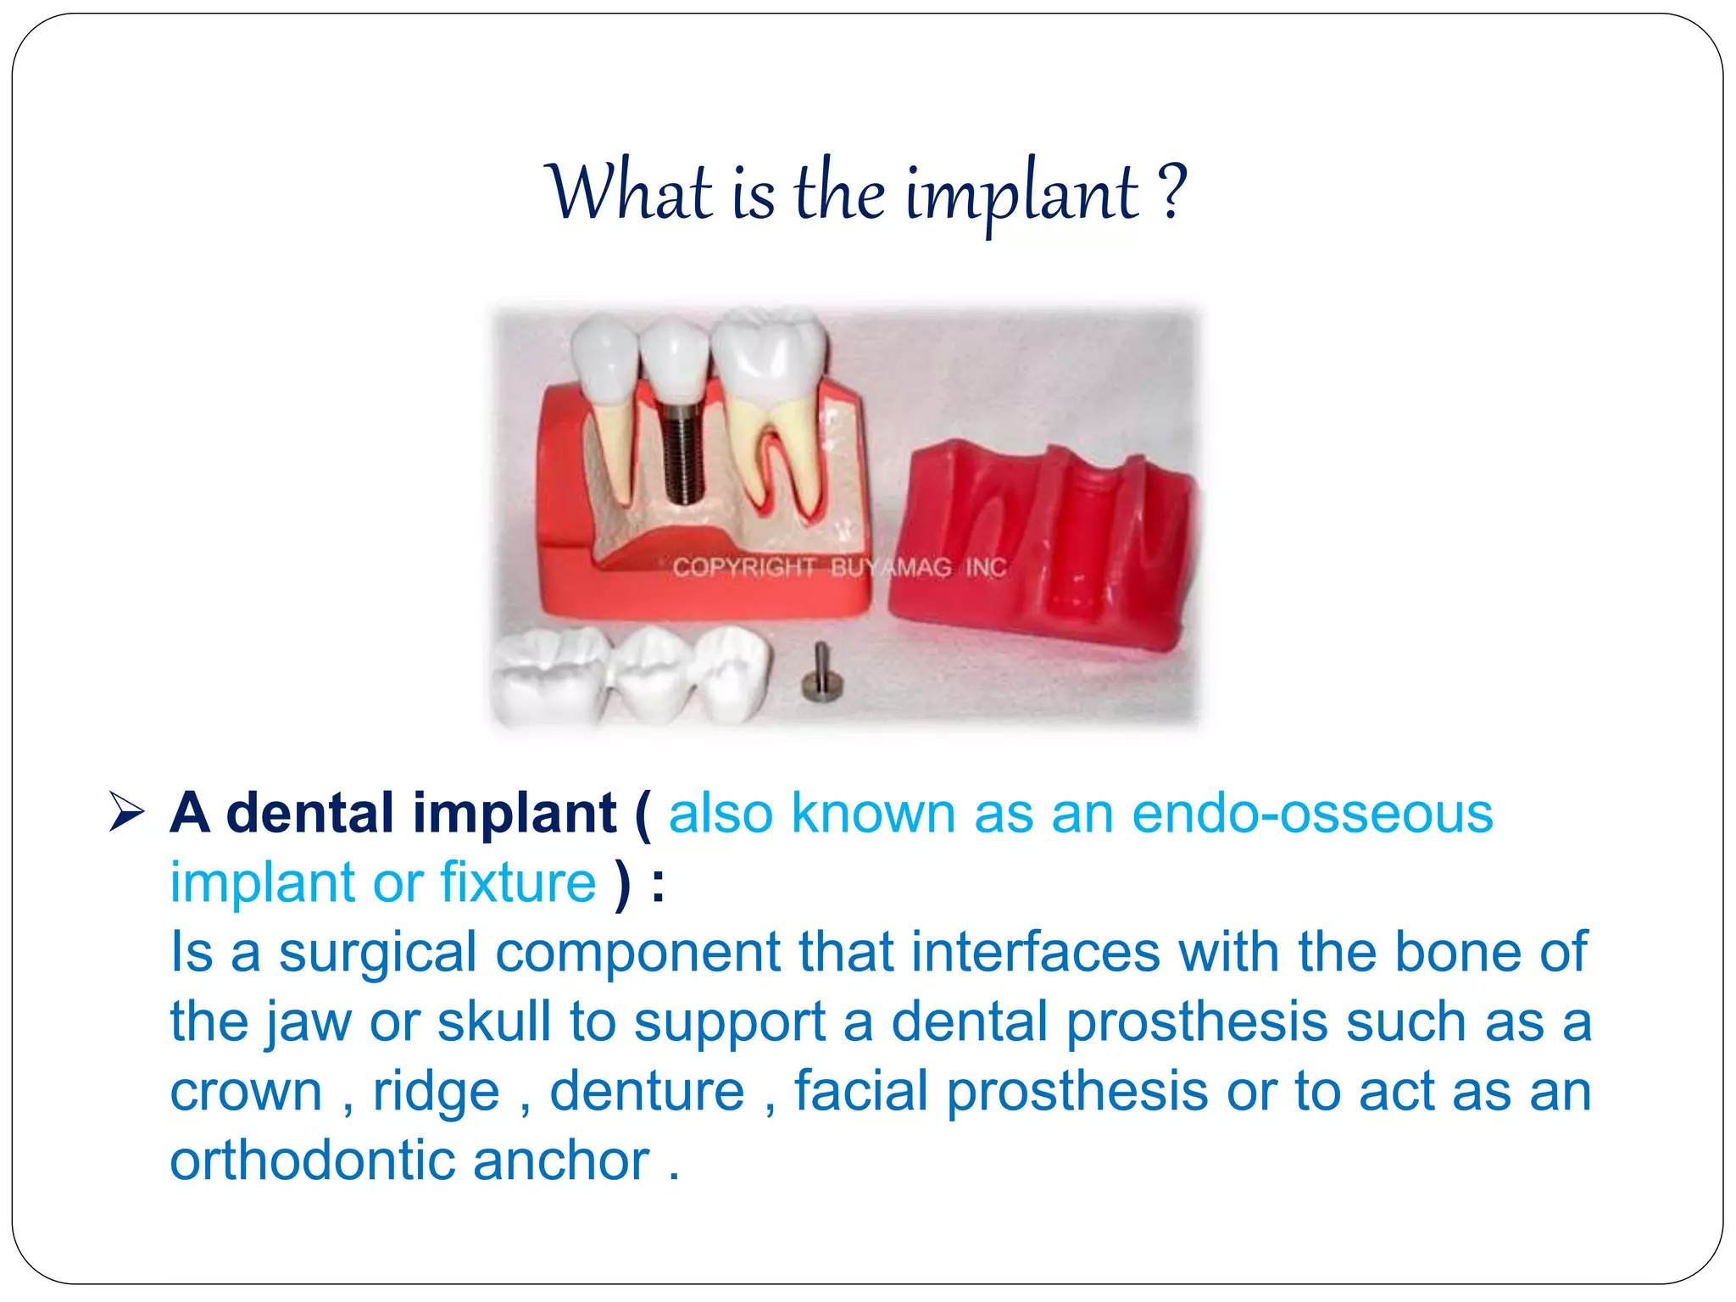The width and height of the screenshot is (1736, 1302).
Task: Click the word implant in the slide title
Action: coord(1021,195)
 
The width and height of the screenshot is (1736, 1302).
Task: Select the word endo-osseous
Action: coord(1312,814)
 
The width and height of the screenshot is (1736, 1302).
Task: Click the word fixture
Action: coord(518,883)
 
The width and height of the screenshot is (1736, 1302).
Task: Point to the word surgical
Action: coord(377,953)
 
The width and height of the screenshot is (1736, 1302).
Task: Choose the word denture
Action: coord(647,1091)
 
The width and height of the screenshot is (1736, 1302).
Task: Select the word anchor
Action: coord(561,1160)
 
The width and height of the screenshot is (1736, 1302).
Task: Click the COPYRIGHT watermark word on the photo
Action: coord(743,567)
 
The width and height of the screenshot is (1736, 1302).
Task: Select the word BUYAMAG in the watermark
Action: coord(890,567)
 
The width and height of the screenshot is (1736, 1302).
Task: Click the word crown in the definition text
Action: coord(246,1091)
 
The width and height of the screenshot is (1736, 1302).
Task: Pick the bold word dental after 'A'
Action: coord(310,814)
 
